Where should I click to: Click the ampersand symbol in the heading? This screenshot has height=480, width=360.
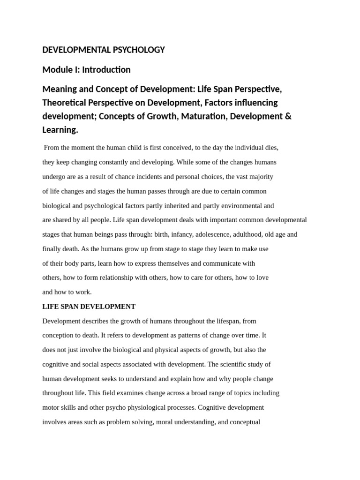[x=288, y=116]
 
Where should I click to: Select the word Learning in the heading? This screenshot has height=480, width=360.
[x=60, y=129]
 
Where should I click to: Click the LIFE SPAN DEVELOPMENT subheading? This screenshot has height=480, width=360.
[x=89, y=307]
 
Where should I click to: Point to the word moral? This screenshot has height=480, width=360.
[x=165, y=422]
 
